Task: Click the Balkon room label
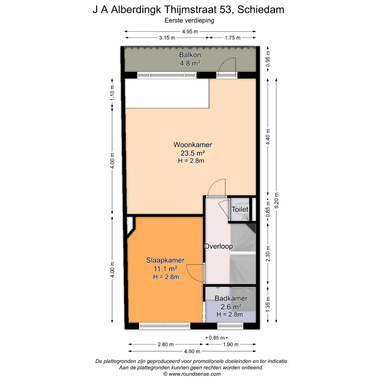point(190,55)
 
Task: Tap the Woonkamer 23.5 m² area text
point(193,153)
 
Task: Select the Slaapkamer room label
point(165,260)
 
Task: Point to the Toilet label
point(240,209)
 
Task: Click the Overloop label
point(218,246)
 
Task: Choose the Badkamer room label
point(231,298)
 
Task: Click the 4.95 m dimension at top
point(190,31)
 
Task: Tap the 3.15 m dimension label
point(167,38)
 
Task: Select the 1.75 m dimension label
point(232,38)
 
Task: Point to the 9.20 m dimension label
point(276,200)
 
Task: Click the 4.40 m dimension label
point(268,137)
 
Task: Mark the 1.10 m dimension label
point(112,93)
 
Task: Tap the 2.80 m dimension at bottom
point(166,344)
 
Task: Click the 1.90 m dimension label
point(231,344)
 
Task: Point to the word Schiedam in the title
point(261,10)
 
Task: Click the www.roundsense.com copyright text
point(192,374)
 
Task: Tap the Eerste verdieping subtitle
point(189,20)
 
